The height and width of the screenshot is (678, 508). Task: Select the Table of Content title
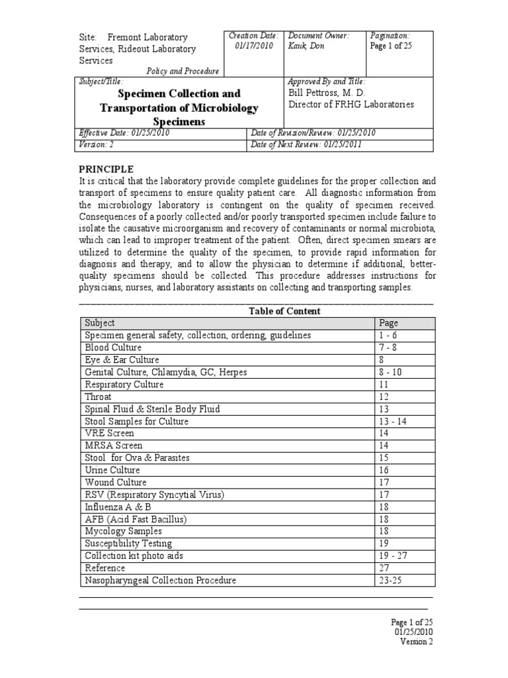pyautogui.click(x=284, y=311)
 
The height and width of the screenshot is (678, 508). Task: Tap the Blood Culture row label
pyautogui.click(x=113, y=348)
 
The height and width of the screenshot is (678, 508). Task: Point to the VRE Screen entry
pyautogui.click(x=109, y=434)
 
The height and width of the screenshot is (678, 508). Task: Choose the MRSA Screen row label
pyautogui.click(x=113, y=446)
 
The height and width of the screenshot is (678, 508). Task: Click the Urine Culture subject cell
pyautogui.click(x=112, y=470)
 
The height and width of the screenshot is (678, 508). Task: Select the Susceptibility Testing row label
pyautogui.click(x=123, y=544)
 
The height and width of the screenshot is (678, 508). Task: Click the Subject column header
pyautogui.click(x=100, y=323)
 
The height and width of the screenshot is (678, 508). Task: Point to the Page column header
pyautogui.click(x=388, y=323)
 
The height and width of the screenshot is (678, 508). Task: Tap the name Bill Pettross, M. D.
pyautogui.click(x=326, y=93)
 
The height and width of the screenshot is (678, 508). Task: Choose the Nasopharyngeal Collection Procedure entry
pyautogui.click(x=161, y=581)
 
